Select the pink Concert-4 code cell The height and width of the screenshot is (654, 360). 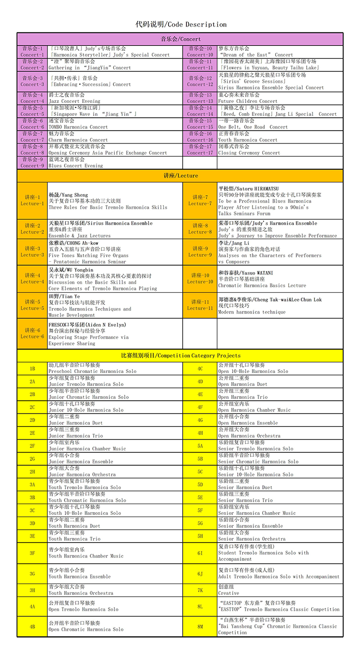(33, 98)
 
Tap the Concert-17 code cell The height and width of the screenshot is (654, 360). (200, 150)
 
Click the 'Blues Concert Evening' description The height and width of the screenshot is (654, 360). (75, 166)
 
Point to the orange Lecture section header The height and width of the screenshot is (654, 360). (180, 175)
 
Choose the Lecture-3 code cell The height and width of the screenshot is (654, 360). (33, 252)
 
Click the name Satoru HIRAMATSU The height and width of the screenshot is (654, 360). (249, 189)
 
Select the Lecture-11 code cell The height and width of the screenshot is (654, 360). (200, 305)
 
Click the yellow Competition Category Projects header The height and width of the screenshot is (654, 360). (180, 355)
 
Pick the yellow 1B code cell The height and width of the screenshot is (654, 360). (33, 369)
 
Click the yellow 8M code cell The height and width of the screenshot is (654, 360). (200, 626)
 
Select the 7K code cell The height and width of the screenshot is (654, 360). (200, 590)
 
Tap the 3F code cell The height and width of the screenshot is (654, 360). (33, 553)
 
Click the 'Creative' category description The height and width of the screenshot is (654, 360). (228, 593)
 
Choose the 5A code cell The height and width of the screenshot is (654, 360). (200, 446)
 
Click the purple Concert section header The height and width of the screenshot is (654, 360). (180, 39)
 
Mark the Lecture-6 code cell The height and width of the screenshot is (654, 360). (33, 334)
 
